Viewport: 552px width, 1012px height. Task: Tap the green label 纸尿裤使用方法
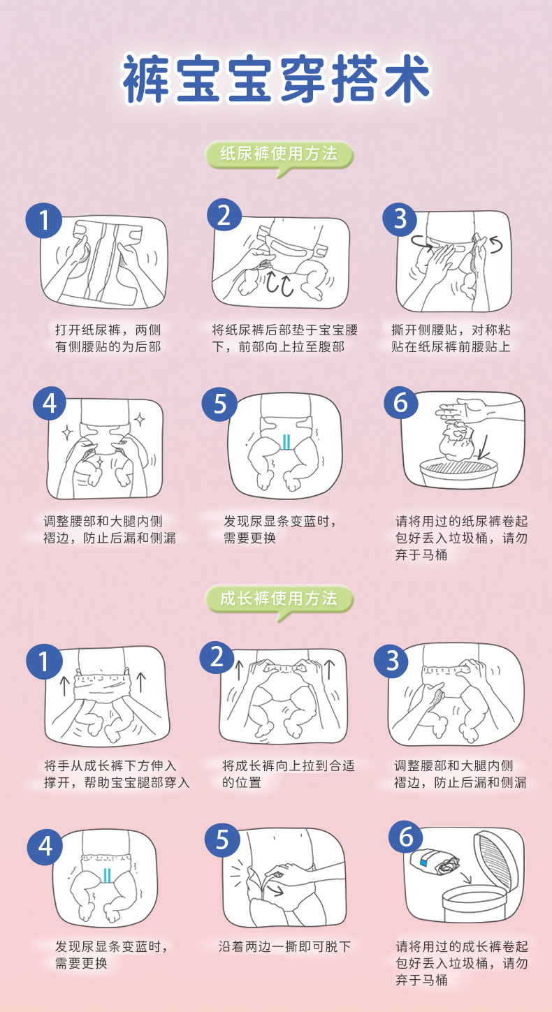coord(278,154)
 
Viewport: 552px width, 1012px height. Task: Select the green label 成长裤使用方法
coord(278,598)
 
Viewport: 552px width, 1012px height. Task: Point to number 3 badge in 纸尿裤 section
coord(400,219)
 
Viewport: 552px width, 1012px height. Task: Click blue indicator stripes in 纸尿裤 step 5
coord(285,441)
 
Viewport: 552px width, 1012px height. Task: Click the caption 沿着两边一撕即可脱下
coord(284,947)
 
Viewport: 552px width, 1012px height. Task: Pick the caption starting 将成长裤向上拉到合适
coord(288,774)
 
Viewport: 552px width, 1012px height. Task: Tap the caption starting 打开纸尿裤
coord(108,337)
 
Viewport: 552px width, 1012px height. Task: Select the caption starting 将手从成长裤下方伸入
coord(116,774)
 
